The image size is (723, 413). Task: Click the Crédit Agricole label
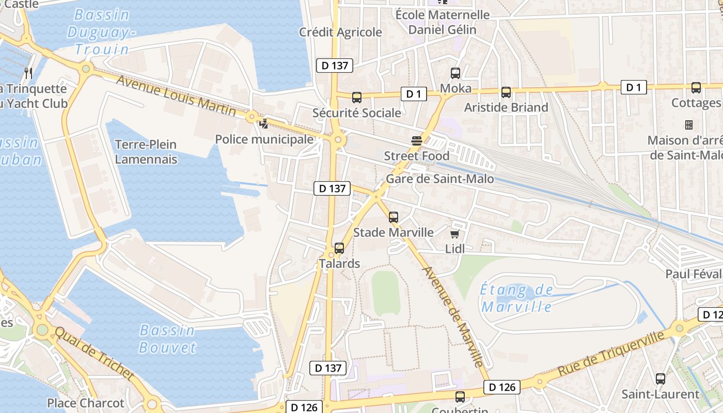point(340,33)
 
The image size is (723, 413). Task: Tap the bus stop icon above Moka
point(455,73)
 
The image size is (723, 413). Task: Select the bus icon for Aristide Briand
point(506,92)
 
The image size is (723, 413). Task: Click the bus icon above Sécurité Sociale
point(356,97)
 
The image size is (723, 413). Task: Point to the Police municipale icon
point(264,123)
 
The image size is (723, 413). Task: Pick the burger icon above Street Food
point(417,140)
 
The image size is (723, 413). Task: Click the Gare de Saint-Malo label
point(439,179)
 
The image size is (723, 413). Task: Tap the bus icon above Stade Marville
point(394,217)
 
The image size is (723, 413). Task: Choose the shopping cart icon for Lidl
point(454,234)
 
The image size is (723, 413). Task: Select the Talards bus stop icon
point(339,248)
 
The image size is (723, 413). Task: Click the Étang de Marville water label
point(516,298)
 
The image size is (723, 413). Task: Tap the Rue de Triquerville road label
point(610,354)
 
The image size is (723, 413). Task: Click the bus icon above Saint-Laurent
point(660,379)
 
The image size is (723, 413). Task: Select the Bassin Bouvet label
point(167,339)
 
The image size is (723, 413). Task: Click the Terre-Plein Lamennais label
point(146,152)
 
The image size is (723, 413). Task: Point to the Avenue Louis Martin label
point(176,96)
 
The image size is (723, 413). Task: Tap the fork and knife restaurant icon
point(28,73)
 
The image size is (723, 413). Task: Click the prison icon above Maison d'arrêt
point(688,125)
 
